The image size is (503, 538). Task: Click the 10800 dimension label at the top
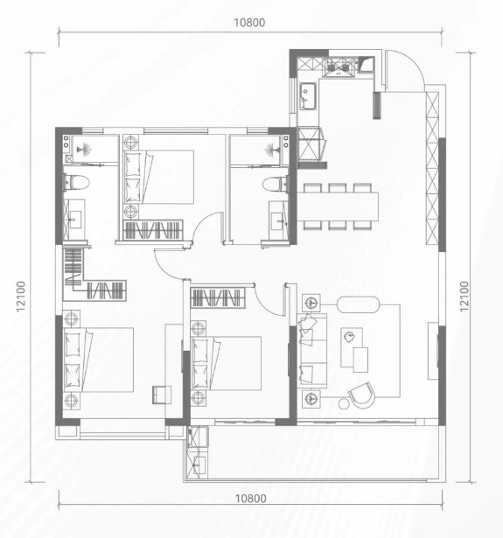tap(249, 23)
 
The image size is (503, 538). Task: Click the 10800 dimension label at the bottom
tap(250, 499)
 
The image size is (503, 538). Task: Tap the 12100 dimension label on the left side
tap(21, 297)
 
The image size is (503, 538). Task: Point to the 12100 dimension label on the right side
tap(464, 297)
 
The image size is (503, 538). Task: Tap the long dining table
tap(338, 206)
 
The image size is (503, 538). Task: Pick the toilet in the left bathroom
tap(76, 182)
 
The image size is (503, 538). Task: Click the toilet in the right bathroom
tap(276, 185)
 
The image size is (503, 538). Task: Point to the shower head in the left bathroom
tap(84, 150)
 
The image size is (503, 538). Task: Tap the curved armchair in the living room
tap(361, 395)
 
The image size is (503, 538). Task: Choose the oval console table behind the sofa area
tap(359, 304)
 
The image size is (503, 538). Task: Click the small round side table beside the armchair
tap(344, 404)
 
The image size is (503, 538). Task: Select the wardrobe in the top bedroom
tap(153, 230)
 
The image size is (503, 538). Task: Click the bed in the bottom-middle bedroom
tap(226, 363)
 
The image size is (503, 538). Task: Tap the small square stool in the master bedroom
tap(162, 395)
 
